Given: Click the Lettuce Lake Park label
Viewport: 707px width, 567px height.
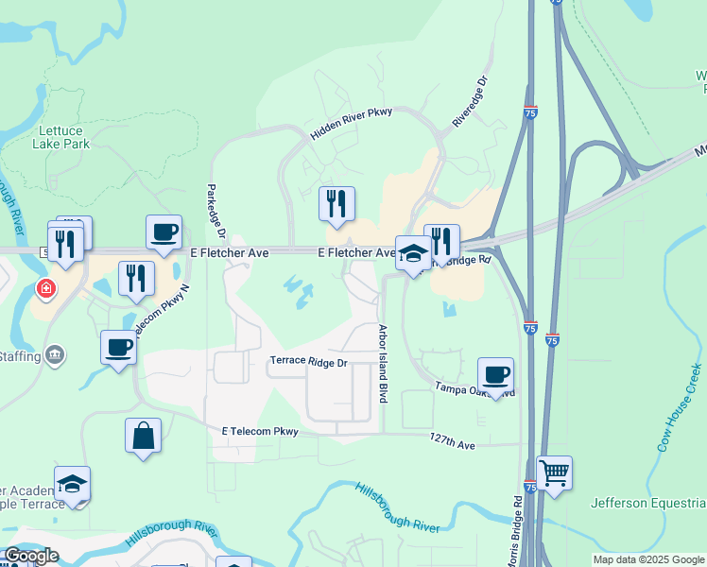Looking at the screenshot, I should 64,137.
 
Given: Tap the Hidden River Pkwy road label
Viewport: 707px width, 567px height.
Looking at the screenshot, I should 351,124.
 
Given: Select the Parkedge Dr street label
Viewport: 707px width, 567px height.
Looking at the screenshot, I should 214,210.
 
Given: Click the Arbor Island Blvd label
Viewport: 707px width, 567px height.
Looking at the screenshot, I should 384,364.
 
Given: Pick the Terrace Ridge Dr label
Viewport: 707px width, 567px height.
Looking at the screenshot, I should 309,361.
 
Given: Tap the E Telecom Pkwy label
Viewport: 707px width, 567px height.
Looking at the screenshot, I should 260,431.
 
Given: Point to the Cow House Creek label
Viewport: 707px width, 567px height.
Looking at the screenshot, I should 681,406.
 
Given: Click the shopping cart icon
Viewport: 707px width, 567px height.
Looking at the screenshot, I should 554,472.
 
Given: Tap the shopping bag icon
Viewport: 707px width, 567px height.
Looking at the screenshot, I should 143,436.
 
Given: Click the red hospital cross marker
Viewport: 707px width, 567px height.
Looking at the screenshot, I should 44,288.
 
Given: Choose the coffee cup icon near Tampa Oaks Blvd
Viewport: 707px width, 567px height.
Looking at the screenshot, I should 495,374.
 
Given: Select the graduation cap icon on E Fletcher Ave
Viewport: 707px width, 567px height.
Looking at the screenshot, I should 412,252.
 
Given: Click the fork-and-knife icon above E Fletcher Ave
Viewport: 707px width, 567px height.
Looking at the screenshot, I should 336,203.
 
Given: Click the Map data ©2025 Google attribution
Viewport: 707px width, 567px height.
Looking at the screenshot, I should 648,559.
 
